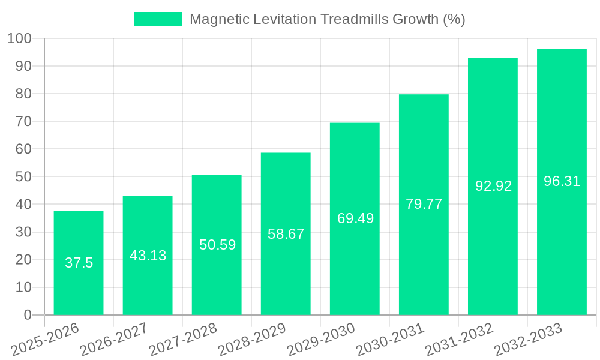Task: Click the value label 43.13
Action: pyautogui.click(x=148, y=256)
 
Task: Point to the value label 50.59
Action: pyautogui.click(x=217, y=245)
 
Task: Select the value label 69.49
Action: pyautogui.click(x=355, y=218)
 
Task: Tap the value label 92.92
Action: pyautogui.click(x=493, y=186)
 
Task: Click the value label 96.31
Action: pyautogui.click(x=562, y=181)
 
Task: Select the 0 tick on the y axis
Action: pyautogui.click(x=27, y=315)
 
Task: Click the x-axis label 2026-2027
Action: pyautogui.click(x=114, y=340)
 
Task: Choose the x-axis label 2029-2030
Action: pyautogui.click(x=321, y=340)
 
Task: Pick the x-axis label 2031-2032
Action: pyautogui.click(x=459, y=340)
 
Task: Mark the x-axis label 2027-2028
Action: pyautogui.click(x=183, y=340)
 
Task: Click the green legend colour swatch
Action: pyautogui.click(x=158, y=19)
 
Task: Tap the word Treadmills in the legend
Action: pyautogui.click(x=355, y=19)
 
